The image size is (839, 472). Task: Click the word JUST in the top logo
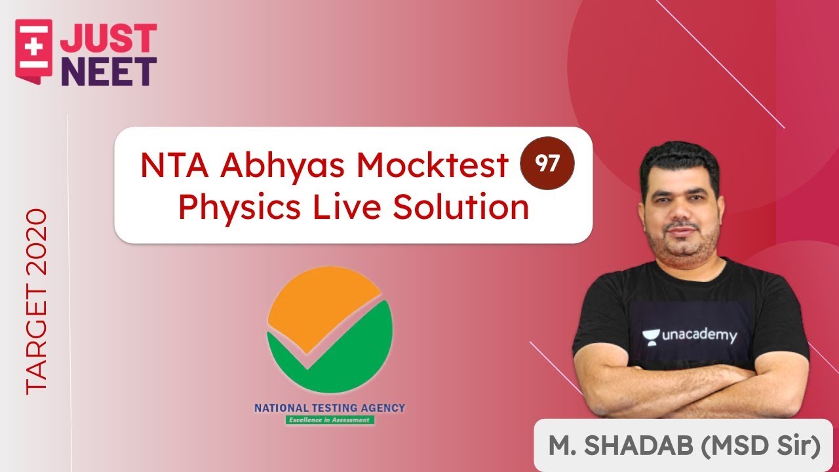109,39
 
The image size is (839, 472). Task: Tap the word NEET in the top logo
109,71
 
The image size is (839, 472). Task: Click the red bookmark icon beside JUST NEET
33,49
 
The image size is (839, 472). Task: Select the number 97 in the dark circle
547,163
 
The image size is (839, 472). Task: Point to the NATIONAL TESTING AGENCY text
330,408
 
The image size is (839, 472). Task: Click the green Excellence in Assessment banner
330,420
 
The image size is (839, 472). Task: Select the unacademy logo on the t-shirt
689,336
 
